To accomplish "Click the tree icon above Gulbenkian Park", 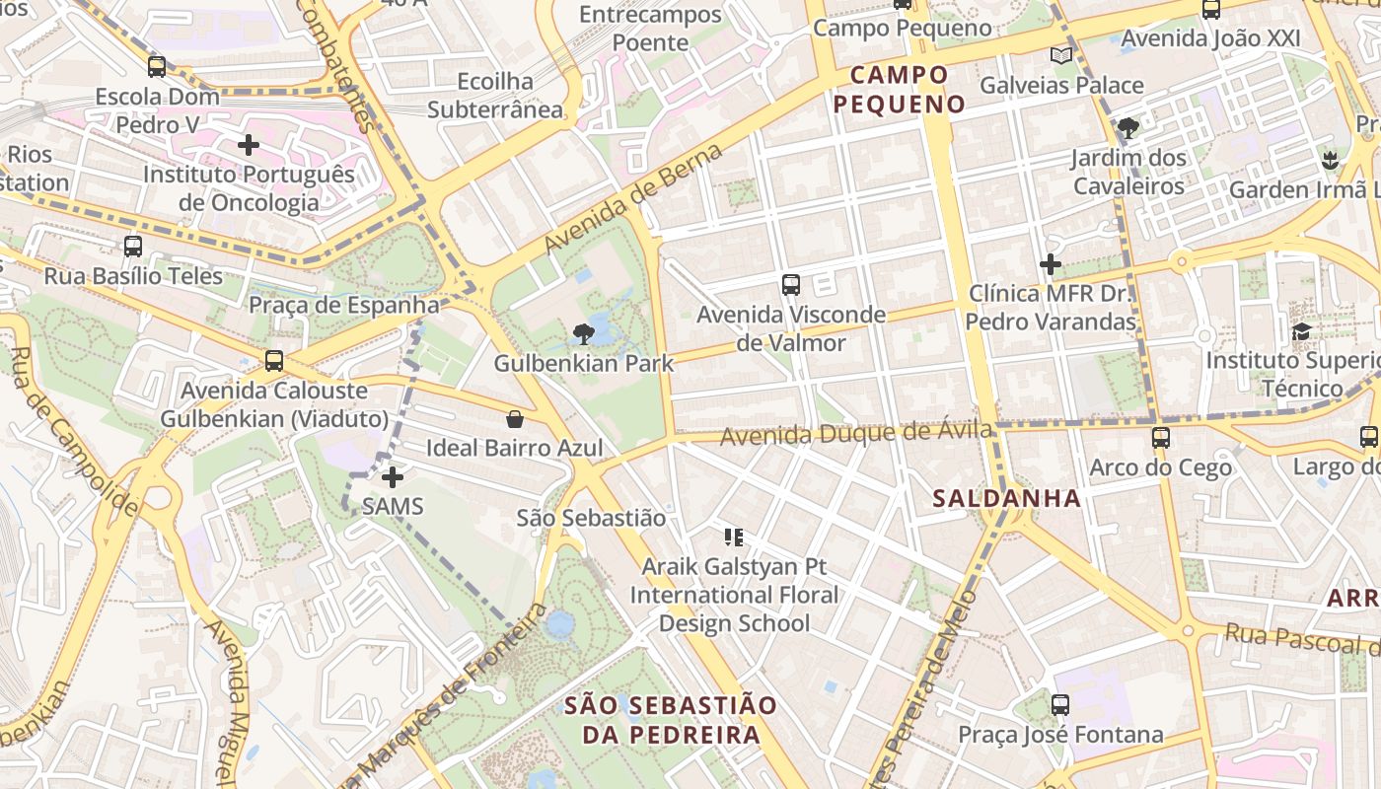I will pyautogui.click(x=583, y=333).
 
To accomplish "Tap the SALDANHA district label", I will pyautogui.click(x=1007, y=498).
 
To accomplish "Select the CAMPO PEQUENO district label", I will pyautogui.click(x=899, y=89).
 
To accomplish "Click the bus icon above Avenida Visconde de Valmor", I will pyautogui.click(x=790, y=285).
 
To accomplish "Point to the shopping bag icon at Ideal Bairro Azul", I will pyautogui.click(x=514, y=419).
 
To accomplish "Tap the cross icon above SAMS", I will pyautogui.click(x=393, y=478).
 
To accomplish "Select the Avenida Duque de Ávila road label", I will pyautogui.click(x=855, y=432).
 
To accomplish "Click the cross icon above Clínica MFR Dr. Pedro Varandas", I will pyautogui.click(x=1051, y=264).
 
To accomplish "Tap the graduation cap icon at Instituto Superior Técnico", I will pyautogui.click(x=1301, y=331).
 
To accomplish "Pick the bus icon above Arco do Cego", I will pyautogui.click(x=1160, y=437).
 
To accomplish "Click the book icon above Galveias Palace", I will pyautogui.click(x=1060, y=56).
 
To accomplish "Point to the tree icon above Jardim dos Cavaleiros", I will pyautogui.click(x=1127, y=128).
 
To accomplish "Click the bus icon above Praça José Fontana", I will pyautogui.click(x=1060, y=705).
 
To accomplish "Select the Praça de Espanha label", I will pyautogui.click(x=343, y=305).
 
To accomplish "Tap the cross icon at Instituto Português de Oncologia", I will pyautogui.click(x=249, y=146).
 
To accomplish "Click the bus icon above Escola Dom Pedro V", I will pyautogui.click(x=157, y=67).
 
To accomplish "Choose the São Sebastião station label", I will pyautogui.click(x=592, y=518).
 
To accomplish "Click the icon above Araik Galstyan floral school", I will pyautogui.click(x=733, y=538).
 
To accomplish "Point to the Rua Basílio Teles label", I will pyautogui.click(x=133, y=276).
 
